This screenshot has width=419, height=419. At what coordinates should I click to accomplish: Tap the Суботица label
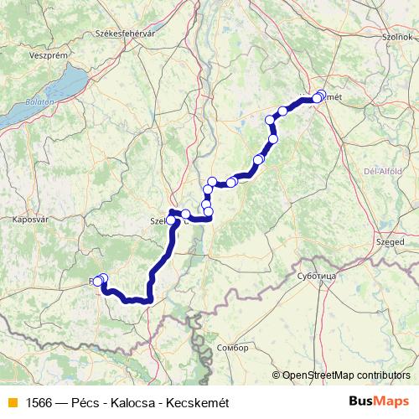(316, 274)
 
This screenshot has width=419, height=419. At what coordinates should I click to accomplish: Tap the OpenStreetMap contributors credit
(346, 375)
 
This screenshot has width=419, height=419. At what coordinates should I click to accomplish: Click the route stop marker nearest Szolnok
(321, 95)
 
